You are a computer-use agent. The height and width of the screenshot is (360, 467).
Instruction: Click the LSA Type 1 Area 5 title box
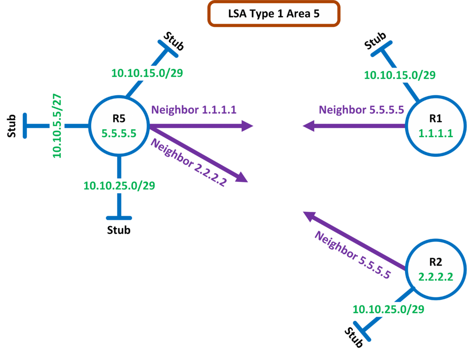click(274, 14)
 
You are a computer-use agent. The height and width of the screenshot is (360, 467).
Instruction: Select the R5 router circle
click(119, 126)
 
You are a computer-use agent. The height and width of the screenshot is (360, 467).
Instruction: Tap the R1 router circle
click(435, 126)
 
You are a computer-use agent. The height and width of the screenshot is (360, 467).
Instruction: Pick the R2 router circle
click(435, 269)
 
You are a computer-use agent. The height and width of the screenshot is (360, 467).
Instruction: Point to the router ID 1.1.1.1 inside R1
click(435, 134)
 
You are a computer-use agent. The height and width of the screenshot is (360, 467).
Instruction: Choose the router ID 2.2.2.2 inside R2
click(435, 277)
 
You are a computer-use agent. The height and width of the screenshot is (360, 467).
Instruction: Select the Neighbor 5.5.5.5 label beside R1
click(362, 109)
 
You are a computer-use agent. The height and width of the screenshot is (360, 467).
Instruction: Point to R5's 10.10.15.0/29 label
click(147, 73)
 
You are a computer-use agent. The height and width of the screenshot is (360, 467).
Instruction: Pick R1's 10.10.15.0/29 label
click(400, 75)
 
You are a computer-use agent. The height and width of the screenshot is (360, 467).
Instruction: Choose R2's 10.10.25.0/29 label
click(389, 309)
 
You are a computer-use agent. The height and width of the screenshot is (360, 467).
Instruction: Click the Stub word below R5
click(119, 230)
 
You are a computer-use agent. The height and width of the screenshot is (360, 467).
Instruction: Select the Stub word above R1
click(376, 41)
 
